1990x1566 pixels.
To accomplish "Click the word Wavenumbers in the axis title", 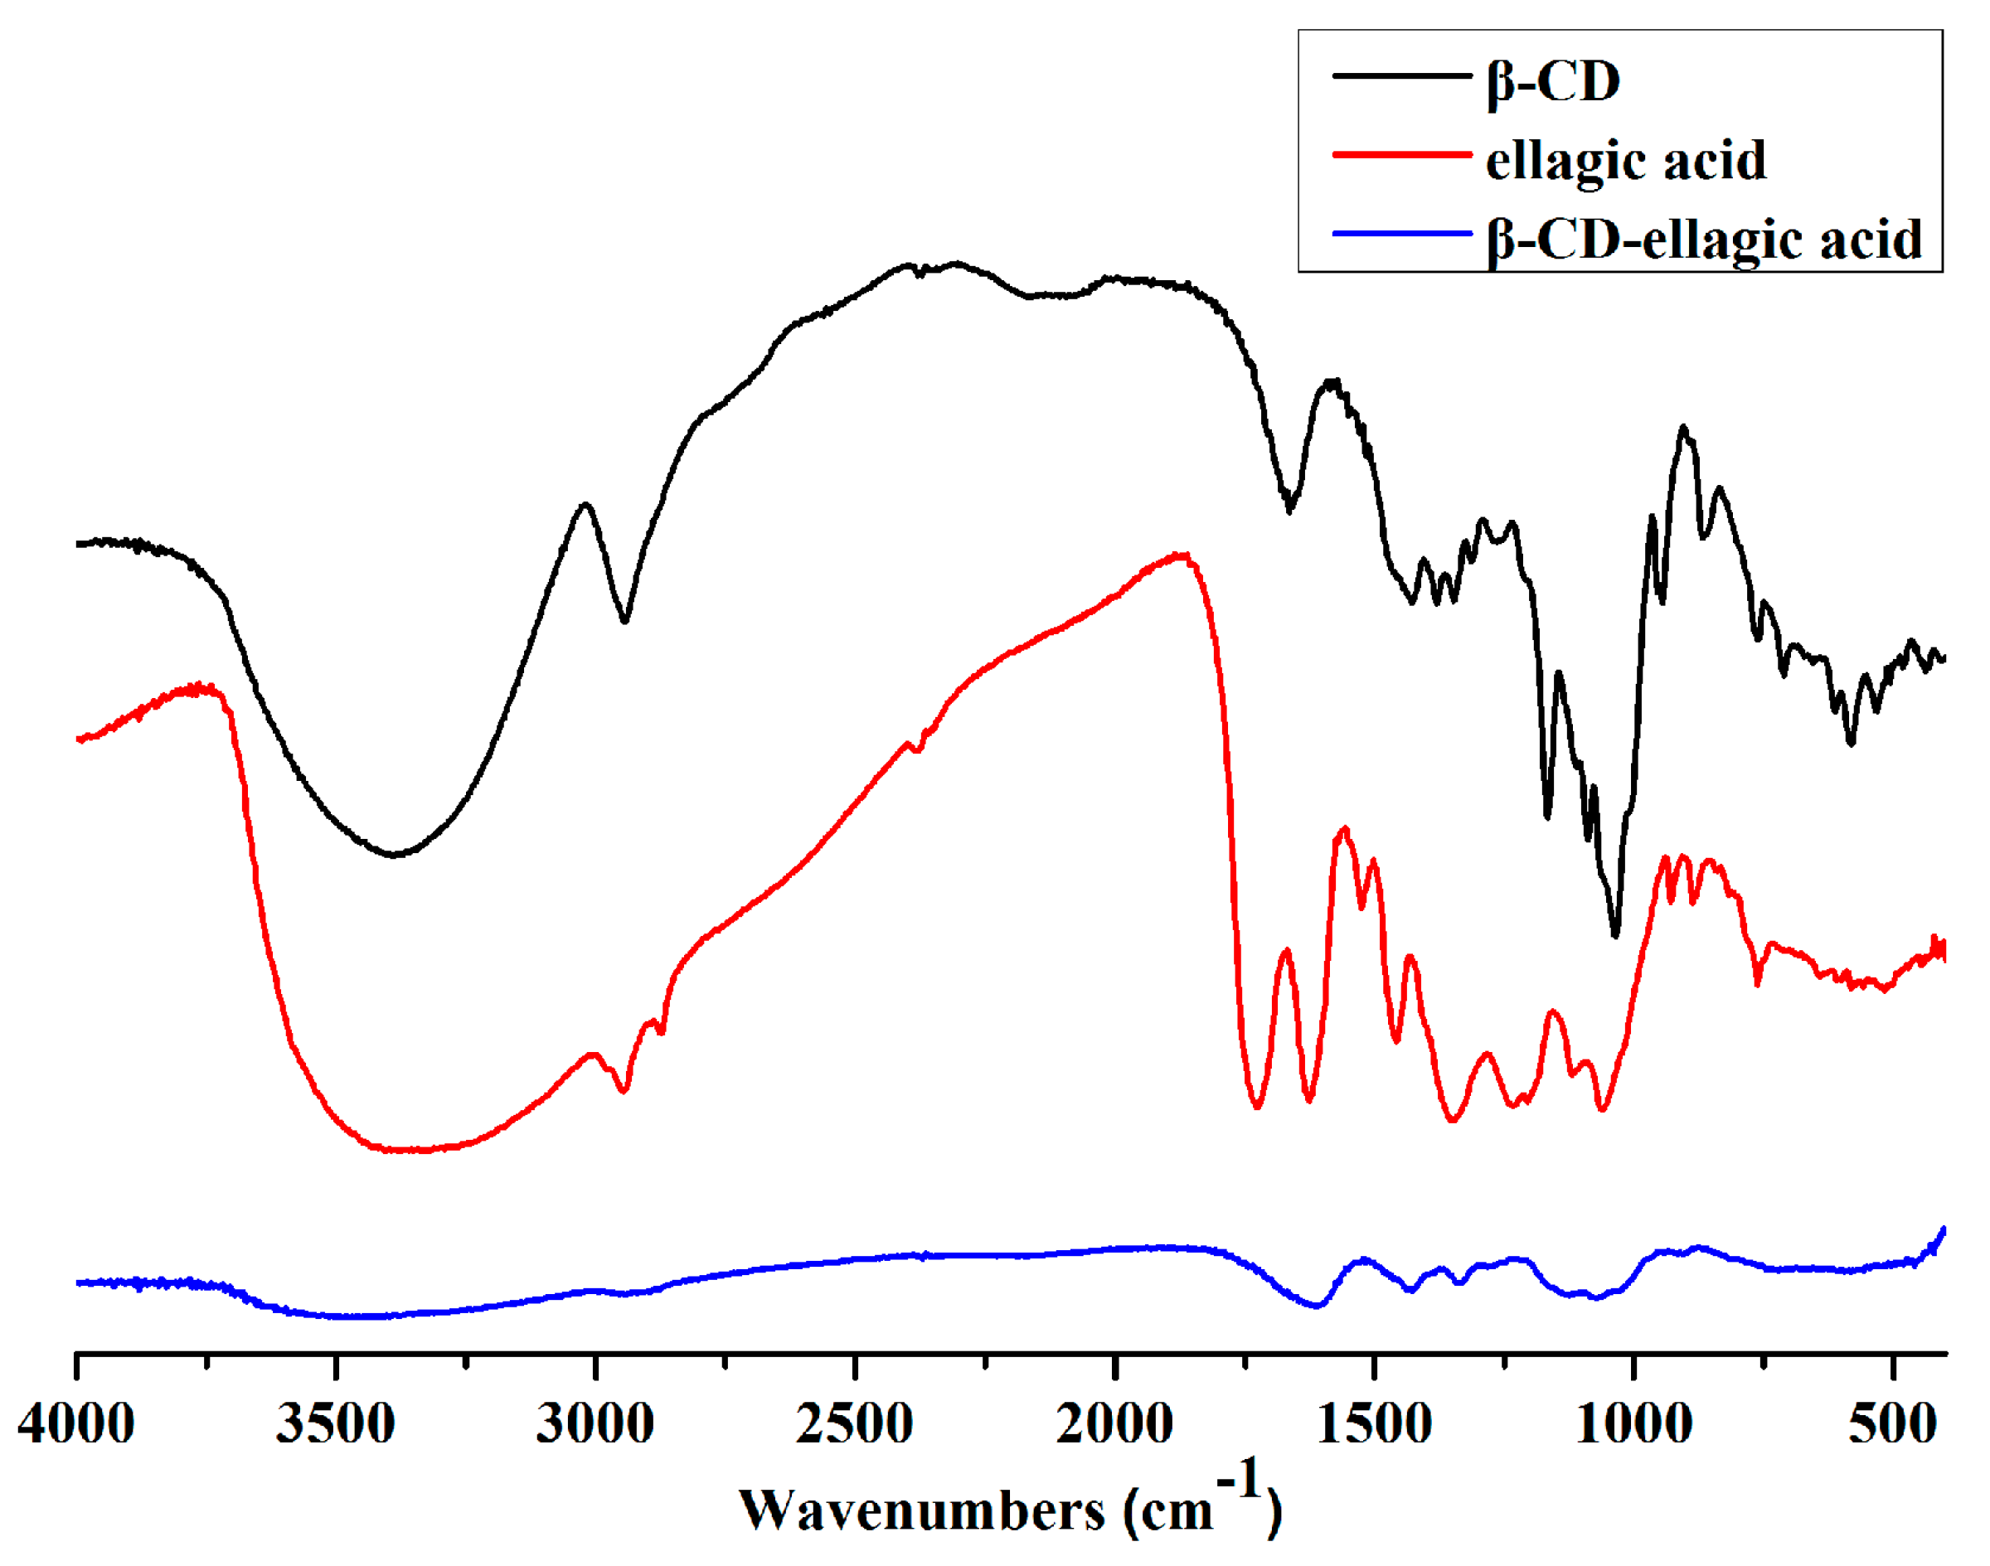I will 922,1510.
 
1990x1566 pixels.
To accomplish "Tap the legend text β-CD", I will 1554,83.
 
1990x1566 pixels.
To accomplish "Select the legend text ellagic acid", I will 1625,161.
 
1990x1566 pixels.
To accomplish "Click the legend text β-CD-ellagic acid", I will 1704,240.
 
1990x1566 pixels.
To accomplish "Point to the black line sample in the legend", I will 1401,75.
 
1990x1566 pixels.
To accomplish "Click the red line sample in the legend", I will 1401,154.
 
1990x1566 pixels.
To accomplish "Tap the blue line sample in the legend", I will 1401,233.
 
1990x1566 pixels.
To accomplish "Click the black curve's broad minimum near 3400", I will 395,855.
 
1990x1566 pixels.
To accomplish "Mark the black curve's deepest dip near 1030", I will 1615,935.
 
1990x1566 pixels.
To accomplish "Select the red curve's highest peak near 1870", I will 1182,555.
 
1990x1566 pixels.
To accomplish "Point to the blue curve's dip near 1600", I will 1317,1306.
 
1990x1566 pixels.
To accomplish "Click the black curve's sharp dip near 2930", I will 624,621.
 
